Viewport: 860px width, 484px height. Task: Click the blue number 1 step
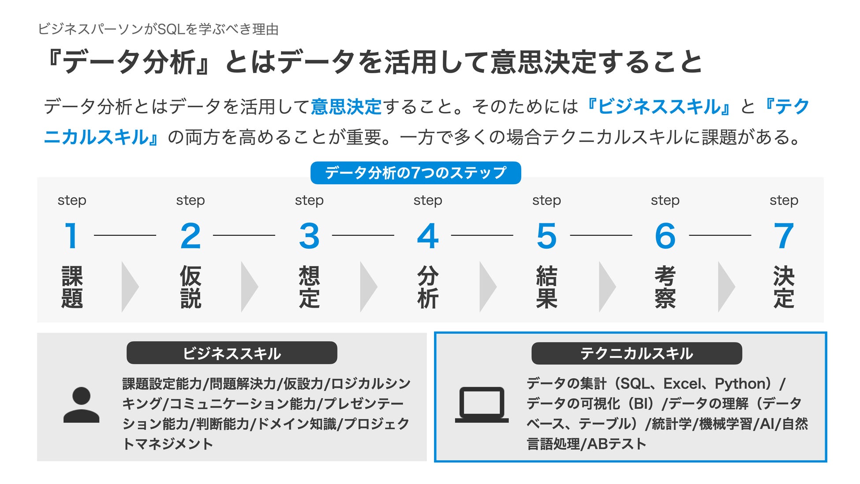71,235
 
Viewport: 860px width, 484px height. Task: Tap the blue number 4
428,235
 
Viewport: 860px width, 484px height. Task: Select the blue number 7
784,235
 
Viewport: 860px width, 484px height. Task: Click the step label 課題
72,287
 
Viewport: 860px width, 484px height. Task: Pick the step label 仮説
191,287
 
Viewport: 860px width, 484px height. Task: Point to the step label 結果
546,287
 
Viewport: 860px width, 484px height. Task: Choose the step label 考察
665,287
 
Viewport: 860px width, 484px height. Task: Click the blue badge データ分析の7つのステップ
415,173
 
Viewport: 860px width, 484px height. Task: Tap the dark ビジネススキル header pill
232,353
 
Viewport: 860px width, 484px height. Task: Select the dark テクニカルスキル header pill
636,353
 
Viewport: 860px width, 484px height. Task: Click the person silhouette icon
81,405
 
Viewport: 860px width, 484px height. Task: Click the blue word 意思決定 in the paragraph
346,107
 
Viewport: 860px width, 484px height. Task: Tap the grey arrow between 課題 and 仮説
130,287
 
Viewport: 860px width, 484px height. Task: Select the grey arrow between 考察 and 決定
726,287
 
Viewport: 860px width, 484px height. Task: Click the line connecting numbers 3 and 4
363,235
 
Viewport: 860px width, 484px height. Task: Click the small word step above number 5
546,201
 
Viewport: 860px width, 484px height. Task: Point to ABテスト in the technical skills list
617,443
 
